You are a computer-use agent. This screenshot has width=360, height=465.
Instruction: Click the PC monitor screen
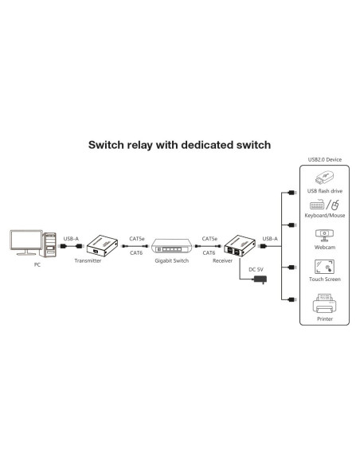click(x=26, y=240)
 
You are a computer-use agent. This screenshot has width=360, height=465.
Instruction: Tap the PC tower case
click(x=50, y=244)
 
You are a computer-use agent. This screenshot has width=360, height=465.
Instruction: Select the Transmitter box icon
click(x=102, y=245)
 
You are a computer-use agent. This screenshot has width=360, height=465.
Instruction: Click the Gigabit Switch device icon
click(x=172, y=246)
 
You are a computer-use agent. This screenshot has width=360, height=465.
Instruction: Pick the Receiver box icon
click(x=240, y=246)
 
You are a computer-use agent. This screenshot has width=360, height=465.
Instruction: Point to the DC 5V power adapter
click(x=260, y=279)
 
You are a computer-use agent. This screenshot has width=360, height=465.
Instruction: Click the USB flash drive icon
click(x=325, y=178)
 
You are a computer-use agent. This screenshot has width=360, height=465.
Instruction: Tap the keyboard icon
click(x=317, y=205)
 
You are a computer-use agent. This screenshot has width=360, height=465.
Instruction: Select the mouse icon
click(x=335, y=205)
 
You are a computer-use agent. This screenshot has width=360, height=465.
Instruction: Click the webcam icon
click(x=324, y=236)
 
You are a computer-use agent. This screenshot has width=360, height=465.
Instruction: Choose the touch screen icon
click(x=324, y=267)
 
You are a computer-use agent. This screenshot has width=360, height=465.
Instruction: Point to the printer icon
click(x=325, y=303)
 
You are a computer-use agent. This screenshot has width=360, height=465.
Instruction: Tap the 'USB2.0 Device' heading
click(x=325, y=159)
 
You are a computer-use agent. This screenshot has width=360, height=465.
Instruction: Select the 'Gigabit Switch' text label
click(x=172, y=260)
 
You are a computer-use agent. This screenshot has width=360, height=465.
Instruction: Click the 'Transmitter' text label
click(x=88, y=260)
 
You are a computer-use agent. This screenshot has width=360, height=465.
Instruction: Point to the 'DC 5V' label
click(x=256, y=270)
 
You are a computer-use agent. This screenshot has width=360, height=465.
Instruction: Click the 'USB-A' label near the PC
click(x=71, y=239)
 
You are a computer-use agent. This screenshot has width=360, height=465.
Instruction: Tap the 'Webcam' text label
click(x=325, y=248)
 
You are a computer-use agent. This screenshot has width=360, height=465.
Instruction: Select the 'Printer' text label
click(x=325, y=318)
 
